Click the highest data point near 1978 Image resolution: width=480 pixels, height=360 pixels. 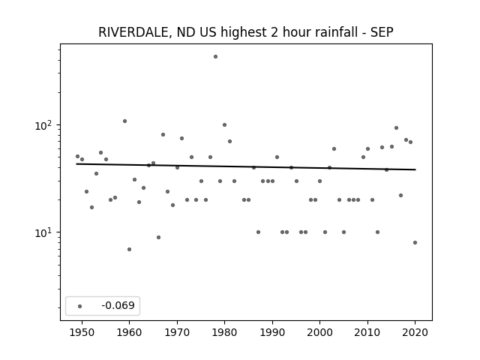(x=215, y=57)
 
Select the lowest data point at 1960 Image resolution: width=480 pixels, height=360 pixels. (x=129, y=250)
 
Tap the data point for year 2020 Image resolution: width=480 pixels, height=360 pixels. (x=415, y=243)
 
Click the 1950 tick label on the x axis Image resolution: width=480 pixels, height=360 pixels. (x=82, y=332)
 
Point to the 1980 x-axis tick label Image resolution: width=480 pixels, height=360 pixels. (x=224, y=332)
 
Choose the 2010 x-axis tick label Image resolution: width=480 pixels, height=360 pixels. (x=367, y=332)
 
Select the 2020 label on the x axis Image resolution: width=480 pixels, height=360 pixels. (x=415, y=332)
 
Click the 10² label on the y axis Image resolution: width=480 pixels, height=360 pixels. (x=45, y=125)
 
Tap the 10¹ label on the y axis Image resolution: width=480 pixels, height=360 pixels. (x=45, y=232)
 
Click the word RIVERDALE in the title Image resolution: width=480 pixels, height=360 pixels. (x=133, y=32)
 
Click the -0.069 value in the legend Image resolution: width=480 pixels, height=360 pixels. (x=118, y=305)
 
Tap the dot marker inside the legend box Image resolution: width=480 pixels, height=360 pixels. (x=80, y=306)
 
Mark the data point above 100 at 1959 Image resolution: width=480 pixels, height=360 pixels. (x=124, y=121)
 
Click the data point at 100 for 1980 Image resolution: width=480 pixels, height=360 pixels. (x=224, y=125)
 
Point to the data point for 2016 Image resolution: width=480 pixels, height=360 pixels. (x=396, y=128)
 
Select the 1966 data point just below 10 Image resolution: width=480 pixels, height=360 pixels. (x=158, y=237)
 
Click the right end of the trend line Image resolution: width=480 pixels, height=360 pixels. (x=415, y=169)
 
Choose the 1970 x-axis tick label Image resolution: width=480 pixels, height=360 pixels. (x=177, y=332)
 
